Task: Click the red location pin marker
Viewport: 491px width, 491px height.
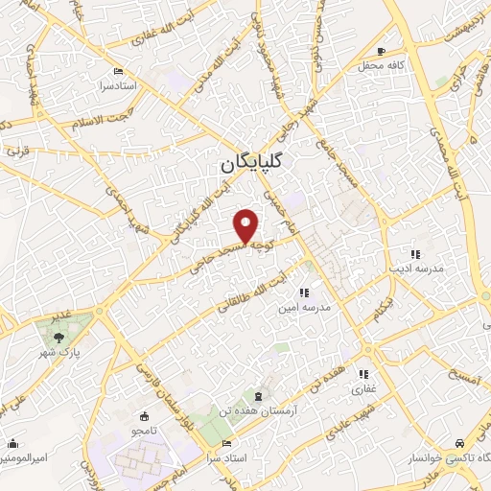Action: (247, 226)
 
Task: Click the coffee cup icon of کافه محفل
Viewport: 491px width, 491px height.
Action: (382, 51)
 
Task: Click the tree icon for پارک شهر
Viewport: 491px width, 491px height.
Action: (60, 337)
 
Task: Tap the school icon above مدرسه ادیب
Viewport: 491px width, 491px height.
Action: (415, 254)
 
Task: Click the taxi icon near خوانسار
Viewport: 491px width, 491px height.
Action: (462, 443)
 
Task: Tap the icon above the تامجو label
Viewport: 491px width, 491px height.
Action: (144, 416)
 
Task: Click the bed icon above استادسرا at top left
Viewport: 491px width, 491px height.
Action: (118, 72)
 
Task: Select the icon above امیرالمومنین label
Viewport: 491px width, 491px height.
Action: (12, 444)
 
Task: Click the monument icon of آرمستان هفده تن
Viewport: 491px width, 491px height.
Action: (258, 396)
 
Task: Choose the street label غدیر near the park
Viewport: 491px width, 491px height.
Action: (63, 315)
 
